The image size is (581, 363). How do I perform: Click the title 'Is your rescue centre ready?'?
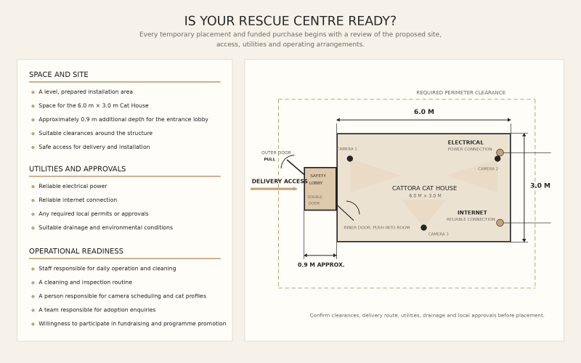[290, 21]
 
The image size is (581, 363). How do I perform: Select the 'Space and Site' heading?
[59, 75]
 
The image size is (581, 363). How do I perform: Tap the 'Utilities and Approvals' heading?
[78, 169]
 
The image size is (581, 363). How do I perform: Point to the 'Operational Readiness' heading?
[76, 251]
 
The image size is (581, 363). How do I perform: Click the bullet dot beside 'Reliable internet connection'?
[33, 200]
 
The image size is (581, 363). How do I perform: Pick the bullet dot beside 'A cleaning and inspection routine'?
[33, 282]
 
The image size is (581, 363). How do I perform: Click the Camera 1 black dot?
[350, 158]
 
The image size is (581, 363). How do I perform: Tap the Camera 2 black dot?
[497, 158]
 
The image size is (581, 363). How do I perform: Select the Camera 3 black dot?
[423, 227]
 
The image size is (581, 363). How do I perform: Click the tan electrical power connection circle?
[500, 152]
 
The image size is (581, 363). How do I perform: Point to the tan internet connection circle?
[500, 223]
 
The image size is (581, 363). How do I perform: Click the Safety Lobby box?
[320, 189]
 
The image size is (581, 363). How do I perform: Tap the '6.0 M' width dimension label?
[424, 112]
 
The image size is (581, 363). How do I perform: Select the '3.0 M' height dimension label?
[540, 186]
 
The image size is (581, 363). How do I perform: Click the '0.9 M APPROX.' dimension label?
[321, 265]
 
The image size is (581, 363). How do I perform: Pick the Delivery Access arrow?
[274, 189]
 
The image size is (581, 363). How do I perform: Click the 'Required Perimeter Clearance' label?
[460, 93]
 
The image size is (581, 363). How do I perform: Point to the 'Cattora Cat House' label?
[424, 188]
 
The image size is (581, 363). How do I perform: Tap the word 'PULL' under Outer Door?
[269, 159]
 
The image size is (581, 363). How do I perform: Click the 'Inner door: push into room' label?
[376, 228]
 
